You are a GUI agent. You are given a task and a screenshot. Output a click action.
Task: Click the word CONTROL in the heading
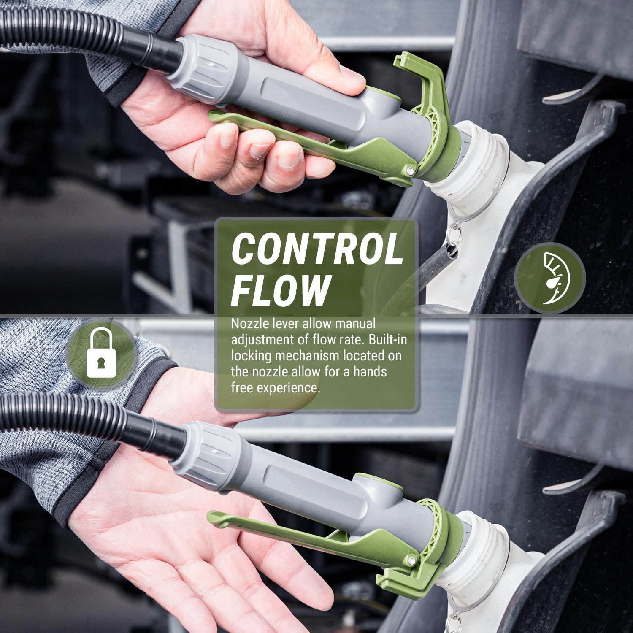click(x=317, y=249)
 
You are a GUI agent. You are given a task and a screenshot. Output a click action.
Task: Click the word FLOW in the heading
click(x=281, y=290)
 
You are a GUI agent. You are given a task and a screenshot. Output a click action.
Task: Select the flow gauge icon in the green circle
click(x=550, y=279)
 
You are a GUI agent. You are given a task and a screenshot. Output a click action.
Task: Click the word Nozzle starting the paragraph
click(x=251, y=324)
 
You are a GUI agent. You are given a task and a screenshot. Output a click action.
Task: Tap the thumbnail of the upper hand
click(x=350, y=76)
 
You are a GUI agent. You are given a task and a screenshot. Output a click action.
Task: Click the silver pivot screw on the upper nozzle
click(x=409, y=171)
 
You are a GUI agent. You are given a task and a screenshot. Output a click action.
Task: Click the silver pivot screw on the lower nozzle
click(x=411, y=561)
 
